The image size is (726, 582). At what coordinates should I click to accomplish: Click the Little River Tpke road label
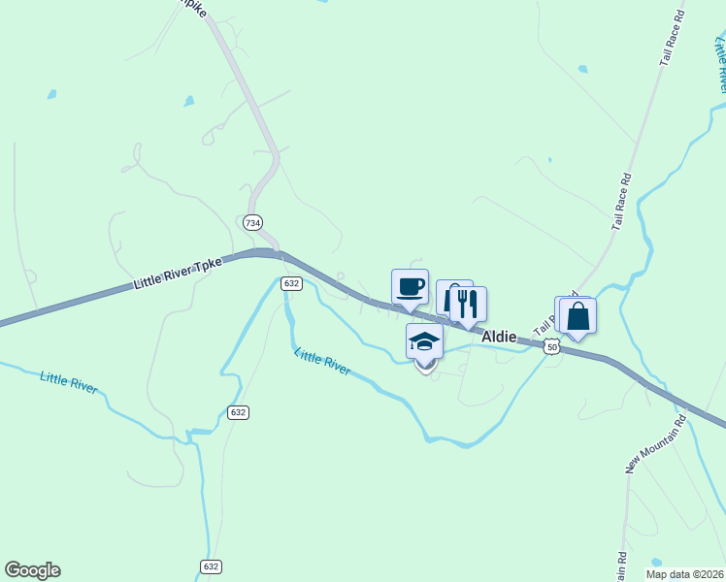pyautogui.click(x=178, y=275)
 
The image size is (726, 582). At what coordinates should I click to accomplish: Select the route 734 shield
pyautogui.click(x=253, y=222)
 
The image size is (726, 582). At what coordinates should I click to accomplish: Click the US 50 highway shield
pyautogui.click(x=552, y=346)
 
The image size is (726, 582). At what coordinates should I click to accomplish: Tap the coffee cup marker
pyautogui.click(x=410, y=287)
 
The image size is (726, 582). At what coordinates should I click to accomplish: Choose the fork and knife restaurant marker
pyautogui.click(x=469, y=305)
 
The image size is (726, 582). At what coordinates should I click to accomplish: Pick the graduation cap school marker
pyautogui.click(x=424, y=341)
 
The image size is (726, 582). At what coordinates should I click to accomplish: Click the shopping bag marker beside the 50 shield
pyautogui.click(x=577, y=317)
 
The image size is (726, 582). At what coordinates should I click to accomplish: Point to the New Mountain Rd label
pyautogui.click(x=655, y=444)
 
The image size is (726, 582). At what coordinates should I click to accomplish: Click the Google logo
pyautogui.click(x=32, y=570)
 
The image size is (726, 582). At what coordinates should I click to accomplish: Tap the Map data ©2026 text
pyautogui.click(x=683, y=574)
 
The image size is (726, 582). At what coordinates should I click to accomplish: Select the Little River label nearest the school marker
pyautogui.click(x=322, y=362)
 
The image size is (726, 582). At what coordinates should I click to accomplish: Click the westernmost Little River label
pyautogui.click(x=69, y=381)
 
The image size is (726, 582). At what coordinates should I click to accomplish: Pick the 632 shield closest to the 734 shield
pyautogui.click(x=292, y=283)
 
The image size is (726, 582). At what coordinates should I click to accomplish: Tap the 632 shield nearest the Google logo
pyautogui.click(x=210, y=566)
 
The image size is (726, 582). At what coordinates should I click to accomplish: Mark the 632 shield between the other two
pyautogui.click(x=239, y=412)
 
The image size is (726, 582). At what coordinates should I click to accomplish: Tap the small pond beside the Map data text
pyautogui.click(x=656, y=562)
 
